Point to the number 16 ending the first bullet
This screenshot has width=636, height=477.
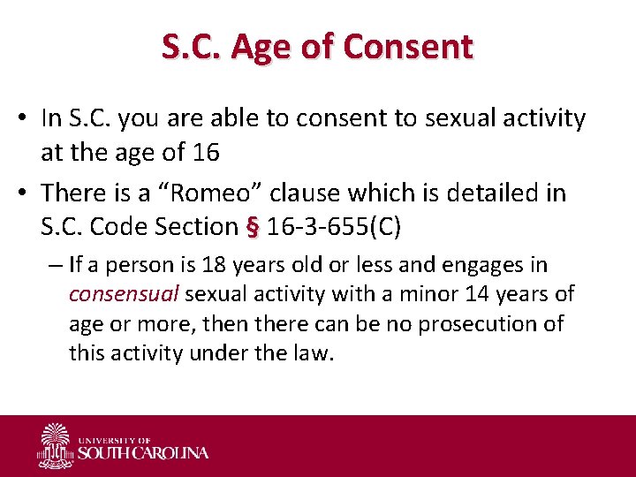[x=205, y=152]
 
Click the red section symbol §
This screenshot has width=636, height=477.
[x=253, y=227]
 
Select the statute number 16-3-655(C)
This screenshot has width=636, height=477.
[x=334, y=227]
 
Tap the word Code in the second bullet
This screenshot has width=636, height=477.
[x=120, y=227]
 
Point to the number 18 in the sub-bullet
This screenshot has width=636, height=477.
[x=213, y=265]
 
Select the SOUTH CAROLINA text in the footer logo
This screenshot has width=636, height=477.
[x=143, y=453]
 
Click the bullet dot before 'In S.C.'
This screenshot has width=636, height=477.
[x=26, y=118]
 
